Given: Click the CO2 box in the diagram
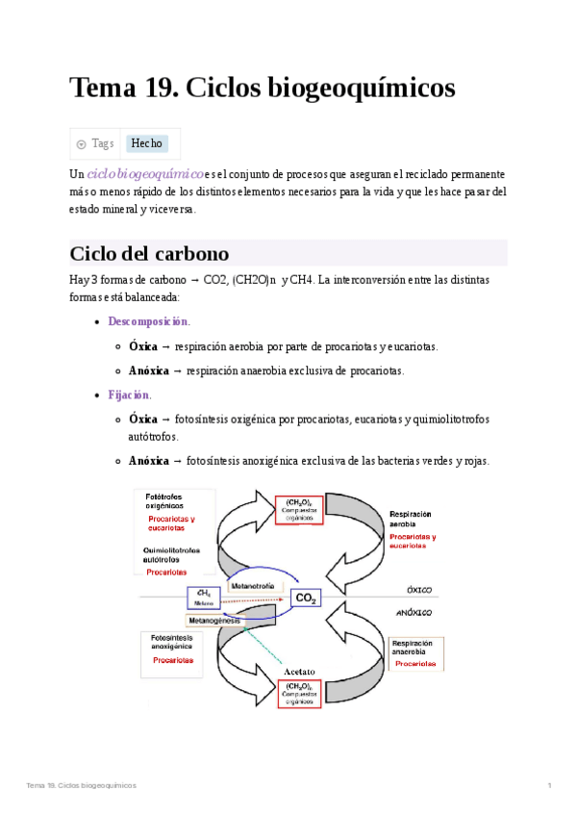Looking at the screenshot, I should (x=306, y=599).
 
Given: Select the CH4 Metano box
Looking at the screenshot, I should (x=203, y=598).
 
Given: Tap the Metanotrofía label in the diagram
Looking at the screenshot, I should (x=254, y=586).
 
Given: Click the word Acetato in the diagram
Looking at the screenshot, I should (x=301, y=672).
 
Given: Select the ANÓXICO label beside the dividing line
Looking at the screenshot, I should (x=414, y=612).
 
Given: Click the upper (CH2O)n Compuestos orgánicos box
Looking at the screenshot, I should (x=299, y=509).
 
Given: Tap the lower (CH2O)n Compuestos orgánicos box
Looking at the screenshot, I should (x=299, y=693).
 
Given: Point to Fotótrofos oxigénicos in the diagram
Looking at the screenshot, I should (x=167, y=500).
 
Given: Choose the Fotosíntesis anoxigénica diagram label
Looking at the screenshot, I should (x=172, y=643).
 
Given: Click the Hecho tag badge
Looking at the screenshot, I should (x=147, y=143).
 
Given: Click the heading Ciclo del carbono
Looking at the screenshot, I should (x=149, y=254).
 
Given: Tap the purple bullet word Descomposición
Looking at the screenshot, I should (x=148, y=321).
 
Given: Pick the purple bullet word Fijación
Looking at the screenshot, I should (x=129, y=395).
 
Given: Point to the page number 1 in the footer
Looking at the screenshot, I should (x=548, y=786).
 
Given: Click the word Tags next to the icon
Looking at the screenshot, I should (x=103, y=143).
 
